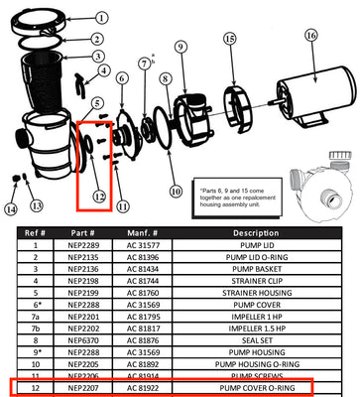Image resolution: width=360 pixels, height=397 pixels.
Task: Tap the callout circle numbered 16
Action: coord(310,36)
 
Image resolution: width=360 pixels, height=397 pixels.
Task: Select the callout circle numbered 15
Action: coord(229,40)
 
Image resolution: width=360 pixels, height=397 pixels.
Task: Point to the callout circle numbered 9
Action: coord(180,47)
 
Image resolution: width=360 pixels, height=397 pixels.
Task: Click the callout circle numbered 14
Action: coord(10,208)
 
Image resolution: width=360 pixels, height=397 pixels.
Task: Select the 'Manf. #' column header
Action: coord(147,259)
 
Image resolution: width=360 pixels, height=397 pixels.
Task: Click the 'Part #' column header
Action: coord(83,259)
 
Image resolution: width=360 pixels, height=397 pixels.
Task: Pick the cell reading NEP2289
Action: coord(83,272)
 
